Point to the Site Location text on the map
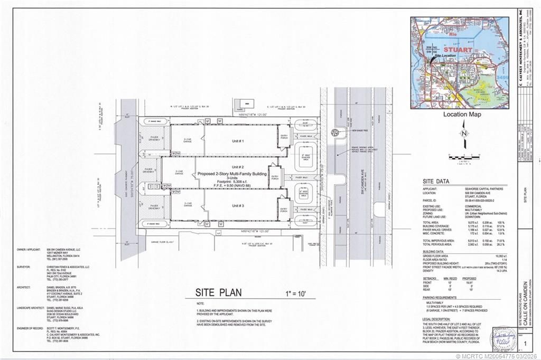pyautogui.click(x=445, y=55)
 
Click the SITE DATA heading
pyautogui.click(x=436, y=181)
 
